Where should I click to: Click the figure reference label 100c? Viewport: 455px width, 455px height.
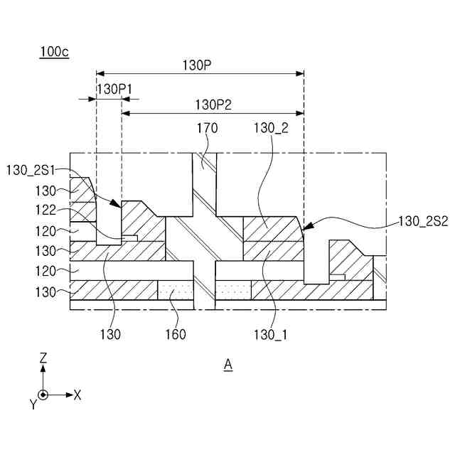pos(55,52)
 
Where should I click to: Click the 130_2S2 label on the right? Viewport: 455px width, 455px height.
pos(423,221)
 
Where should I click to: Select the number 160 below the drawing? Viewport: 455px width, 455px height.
pos(175,334)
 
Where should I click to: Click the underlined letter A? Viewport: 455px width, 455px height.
pos(228,365)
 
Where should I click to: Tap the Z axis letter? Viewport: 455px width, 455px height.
pos(43,359)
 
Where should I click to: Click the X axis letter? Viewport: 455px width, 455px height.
pos(77,395)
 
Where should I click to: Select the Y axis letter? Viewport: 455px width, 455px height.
pos(33,404)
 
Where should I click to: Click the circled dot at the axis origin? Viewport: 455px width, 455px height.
pos(43,395)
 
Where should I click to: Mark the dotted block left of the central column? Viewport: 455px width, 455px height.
pos(176,290)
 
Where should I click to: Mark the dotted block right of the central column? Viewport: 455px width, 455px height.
pos(232,290)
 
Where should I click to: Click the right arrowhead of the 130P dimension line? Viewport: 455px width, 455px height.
pos(300,73)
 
